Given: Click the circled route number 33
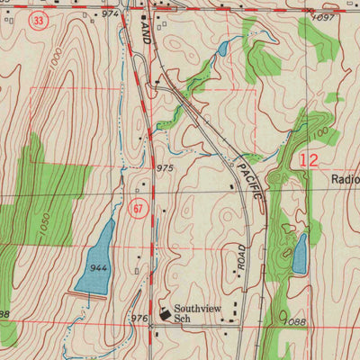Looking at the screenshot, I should [x=36, y=20].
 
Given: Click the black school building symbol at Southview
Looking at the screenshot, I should [x=165, y=312].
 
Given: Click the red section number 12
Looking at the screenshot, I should [x=309, y=161].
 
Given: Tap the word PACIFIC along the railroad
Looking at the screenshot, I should [x=251, y=179].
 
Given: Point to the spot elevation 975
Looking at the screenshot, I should [x=164, y=168].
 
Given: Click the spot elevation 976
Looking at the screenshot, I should [x=139, y=319].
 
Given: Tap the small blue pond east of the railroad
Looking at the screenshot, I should [x=300, y=254].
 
